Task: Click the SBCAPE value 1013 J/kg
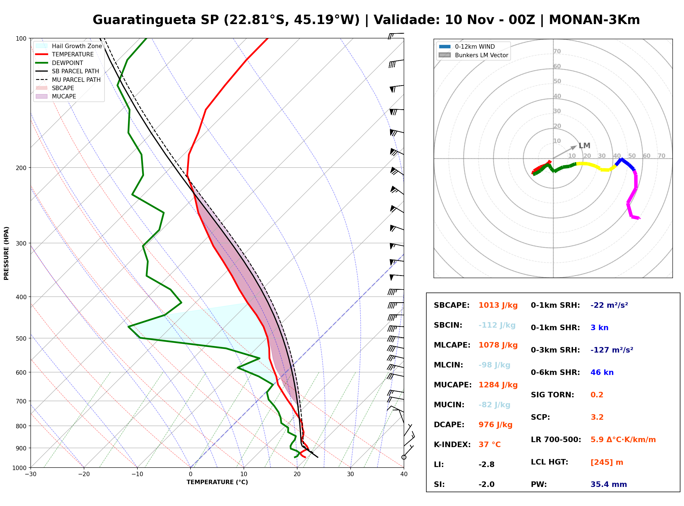click(x=498, y=305)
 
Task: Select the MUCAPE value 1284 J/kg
click(x=498, y=385)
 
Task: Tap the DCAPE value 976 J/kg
click(x=495, y=425)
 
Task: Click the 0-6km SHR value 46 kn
click(x=602, y=372)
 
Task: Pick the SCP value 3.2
click(x=597, y=417)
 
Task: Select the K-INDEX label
click(x=452, y=445)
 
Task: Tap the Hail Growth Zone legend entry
click(x=69, y=46)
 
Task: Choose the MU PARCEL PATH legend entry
click(x=68, y=80)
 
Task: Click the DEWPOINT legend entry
click(x=59, y=63)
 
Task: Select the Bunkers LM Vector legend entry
click(x=473, y=55)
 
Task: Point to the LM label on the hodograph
click(x=584, y=146)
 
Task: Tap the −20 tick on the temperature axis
click(x=84, y=474)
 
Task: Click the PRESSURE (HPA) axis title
click(x=6, y=253)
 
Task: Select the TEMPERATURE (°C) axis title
click(x=217, y=482)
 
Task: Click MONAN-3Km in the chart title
click(x=594, y=20)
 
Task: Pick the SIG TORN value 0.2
click(x=597, y=395)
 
